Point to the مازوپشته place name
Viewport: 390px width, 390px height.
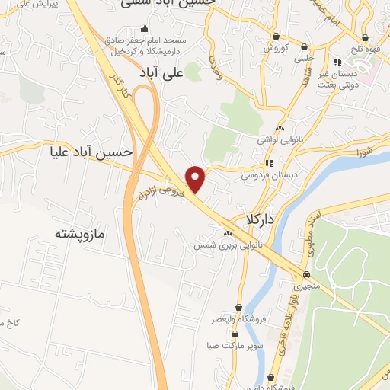point(78,232)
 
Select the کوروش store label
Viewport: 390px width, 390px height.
point(274,47)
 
